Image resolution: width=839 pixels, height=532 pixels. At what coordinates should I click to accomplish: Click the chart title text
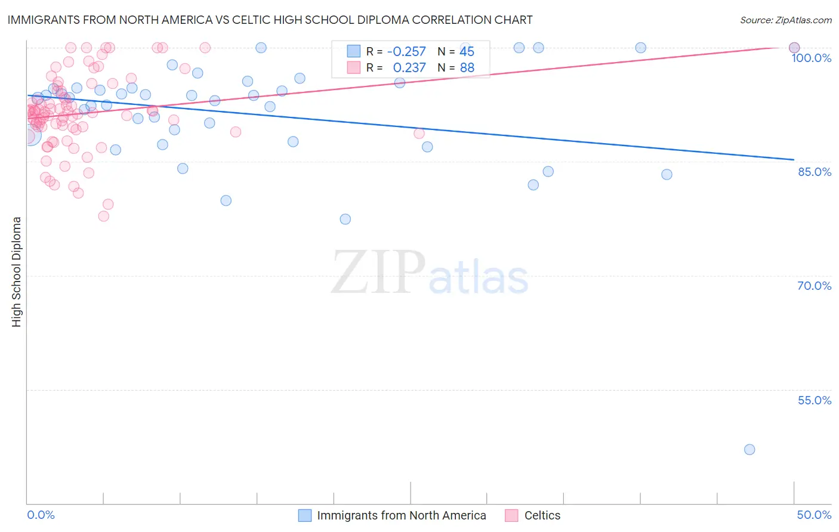click(x=270, y=20)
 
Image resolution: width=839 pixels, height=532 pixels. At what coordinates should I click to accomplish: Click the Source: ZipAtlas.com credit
click(x=785, y=20)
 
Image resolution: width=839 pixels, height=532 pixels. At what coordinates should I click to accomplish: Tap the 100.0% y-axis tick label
click(x=811, y=58)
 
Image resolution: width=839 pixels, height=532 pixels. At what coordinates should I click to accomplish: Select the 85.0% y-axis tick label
click(x=815, y=172)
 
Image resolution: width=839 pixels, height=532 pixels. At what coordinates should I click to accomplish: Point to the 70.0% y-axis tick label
click(x=815, y=286)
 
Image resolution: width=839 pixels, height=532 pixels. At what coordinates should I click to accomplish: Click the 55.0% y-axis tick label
click(x=815, y=400)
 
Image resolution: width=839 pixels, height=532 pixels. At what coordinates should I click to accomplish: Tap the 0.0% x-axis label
click(x=41, y=515)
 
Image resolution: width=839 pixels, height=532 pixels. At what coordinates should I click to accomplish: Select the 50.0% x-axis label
click(x=814, y=515)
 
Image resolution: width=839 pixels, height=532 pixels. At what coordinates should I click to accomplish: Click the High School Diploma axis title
click(x=17, y=271)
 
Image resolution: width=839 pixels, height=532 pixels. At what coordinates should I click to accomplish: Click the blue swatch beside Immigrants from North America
click(x=305, y=515)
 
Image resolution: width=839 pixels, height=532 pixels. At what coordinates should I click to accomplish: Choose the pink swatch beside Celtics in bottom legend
click(x=511, y=515)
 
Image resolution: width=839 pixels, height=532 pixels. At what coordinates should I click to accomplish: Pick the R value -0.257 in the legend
click(x=406, y=51)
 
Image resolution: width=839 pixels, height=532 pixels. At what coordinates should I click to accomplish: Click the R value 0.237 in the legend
click(x=409, y=68)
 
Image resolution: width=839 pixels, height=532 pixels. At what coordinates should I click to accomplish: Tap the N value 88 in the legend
click(x=467, y=68)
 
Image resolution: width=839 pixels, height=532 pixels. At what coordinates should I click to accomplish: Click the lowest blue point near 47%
click(x=749, y=450)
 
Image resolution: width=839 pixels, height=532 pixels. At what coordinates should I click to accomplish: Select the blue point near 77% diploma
click(x=345, y=219)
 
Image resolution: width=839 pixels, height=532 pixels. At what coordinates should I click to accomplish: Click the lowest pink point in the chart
click(x=104, y=216)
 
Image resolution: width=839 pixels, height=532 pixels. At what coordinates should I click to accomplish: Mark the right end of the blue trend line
click(x=794, y=160)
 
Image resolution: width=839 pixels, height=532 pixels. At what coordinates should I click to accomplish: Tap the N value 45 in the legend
click(x=467, y=51)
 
